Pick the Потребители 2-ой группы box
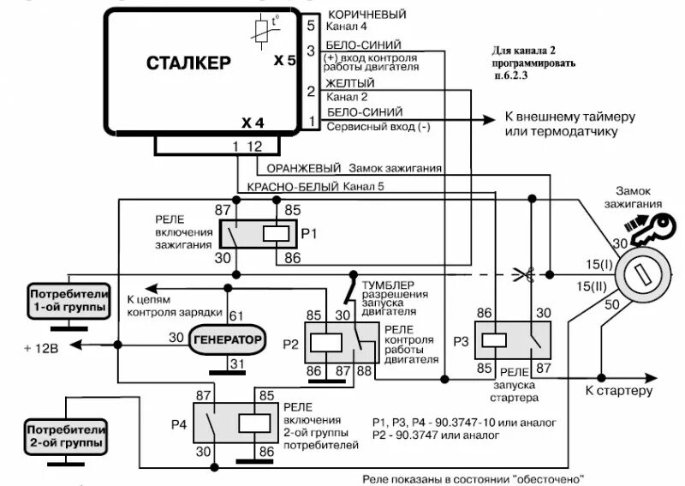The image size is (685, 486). pyautogui.click(x=66, y=435)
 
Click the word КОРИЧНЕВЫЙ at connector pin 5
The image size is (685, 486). pyautogui.click(x=366, y=15)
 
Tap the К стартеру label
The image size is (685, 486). pyautogui.click(x=619, y=391)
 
